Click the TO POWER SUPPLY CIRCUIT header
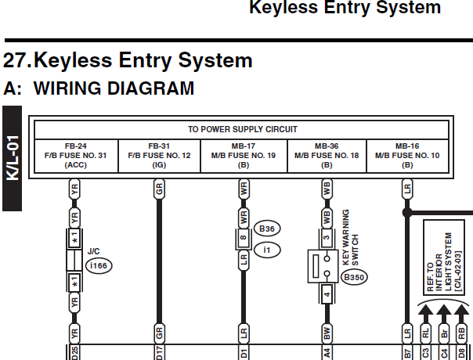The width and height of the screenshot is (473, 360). [x=243, y=129]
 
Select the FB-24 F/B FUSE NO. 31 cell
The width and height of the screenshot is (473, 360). [x=76, y=156]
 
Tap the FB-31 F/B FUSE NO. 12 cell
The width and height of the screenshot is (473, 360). [x=159, y=156]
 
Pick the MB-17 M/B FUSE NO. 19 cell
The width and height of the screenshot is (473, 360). [x=244, y=156]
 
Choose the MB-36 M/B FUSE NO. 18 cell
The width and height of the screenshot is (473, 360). [x=327, y=156]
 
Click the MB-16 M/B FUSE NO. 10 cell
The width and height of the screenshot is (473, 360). [x=407, y=156]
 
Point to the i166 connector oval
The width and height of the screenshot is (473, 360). [x=99, y=265]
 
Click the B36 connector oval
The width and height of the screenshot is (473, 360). [x=267, y=229]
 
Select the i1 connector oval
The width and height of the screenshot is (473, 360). [x=267, y=250]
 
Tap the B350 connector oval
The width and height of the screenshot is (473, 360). [x=354, y=277]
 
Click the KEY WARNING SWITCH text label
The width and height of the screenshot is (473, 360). [x=351, y=238]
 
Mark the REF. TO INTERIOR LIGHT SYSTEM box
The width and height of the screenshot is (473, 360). [x=444, y=257]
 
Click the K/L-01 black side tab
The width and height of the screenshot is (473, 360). [x=12, y=158]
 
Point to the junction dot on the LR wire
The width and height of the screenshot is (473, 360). [x=407, y=213]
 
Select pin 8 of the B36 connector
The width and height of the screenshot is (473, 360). [x=244, y=237]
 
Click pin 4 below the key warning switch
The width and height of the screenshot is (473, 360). [x=327, y=294]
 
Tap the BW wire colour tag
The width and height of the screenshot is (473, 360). [x=327, y=333]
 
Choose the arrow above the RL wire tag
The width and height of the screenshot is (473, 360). [x=425, y=314]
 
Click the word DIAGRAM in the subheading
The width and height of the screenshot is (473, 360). [x=150, y=88]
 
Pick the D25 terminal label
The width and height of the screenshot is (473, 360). [x=74, y=353]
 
